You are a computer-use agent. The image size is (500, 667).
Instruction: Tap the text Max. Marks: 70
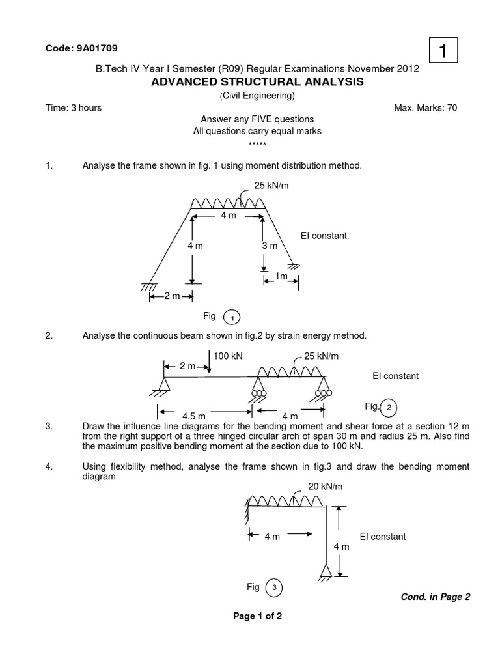[x=426, y=108]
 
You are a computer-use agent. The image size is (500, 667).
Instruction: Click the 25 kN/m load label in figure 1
[x=271, y=186]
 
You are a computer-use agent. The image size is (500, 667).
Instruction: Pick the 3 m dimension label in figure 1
[x=270, y=246]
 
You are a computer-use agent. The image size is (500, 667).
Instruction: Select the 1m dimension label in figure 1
[x=281, y=276]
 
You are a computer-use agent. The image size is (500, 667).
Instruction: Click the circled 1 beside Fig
[x=232, y=318]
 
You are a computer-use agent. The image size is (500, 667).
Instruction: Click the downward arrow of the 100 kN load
[x=210, y=362]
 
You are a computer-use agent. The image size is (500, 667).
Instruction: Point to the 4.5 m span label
[x=194, y=416]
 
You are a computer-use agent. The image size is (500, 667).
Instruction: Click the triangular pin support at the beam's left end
[x=163, y=385]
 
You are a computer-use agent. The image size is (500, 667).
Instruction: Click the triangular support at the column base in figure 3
[x=326, y=571]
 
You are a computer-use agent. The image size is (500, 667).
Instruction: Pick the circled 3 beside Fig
[x=274, y=588]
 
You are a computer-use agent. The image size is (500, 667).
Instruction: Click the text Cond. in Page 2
[x=432, y=596]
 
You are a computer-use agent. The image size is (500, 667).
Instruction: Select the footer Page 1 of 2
[x=257, y=616]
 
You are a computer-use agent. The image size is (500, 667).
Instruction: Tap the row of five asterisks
[x=257, y=143]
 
